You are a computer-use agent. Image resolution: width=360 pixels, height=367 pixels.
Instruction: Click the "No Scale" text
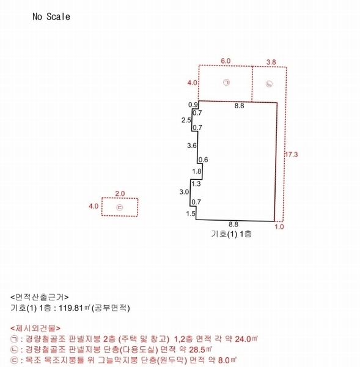(51, 17)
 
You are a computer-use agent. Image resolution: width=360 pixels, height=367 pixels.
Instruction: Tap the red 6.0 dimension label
(226, 61)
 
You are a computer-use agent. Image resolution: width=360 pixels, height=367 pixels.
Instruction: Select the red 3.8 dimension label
(271, 62)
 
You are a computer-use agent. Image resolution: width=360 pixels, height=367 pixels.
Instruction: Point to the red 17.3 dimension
(291, 155)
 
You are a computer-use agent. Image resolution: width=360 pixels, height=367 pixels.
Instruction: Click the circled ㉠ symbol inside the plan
(226, 82)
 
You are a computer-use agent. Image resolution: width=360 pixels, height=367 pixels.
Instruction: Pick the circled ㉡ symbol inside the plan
(270, 84)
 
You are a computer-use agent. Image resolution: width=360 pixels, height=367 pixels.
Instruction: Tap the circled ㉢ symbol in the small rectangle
(120, 207)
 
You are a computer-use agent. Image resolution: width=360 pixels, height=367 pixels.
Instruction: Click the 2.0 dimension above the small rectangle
(120, 193)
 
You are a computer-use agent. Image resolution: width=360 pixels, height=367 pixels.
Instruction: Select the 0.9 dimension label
(193, 105)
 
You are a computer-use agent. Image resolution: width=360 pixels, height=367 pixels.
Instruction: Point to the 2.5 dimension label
(186, 120)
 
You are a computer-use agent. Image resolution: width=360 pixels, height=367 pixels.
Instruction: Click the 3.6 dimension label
(192, 146)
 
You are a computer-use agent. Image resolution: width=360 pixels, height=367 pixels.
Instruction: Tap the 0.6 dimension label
(204, 160)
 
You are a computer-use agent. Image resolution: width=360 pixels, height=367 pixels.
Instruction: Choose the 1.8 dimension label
(197, 171)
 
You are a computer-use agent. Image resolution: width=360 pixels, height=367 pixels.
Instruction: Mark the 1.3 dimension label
(196, 183)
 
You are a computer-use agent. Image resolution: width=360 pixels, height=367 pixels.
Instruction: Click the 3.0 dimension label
(184, 192)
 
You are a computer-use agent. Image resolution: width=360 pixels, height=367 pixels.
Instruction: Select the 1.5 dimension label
(191, 213)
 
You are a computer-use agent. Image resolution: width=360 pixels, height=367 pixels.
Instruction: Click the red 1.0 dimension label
(279, 226)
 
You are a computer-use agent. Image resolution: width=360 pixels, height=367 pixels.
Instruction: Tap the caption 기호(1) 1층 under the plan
(232, 234)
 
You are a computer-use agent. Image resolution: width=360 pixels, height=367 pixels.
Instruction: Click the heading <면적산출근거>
(40, 297)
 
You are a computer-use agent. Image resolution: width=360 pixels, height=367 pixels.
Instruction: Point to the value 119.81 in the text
(71, 308)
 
